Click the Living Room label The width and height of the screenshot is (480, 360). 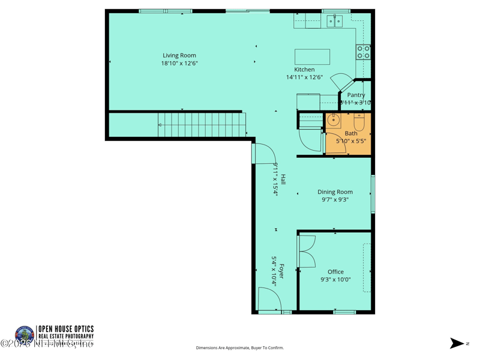click(x=179, y=56)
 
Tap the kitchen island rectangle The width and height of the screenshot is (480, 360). click(x=312, y=56)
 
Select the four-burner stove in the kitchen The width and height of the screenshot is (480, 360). click(x=363, y=52)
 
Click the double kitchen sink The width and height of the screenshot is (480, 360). click(x=334, y=22)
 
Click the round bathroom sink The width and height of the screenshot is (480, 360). click(x=333, y=120)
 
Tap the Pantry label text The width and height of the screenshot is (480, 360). click(x=356, y=95)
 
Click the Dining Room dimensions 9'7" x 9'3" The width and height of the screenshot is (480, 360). click(x=335, y=200)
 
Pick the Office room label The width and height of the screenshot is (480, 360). click(x=335, y=272)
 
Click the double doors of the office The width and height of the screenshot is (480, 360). click(x=307, y=251)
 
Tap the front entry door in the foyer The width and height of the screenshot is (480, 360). click(x=269, y=300)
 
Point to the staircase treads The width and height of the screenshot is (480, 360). click(x=204, y=125)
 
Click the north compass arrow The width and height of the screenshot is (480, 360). click(x=457, y=343)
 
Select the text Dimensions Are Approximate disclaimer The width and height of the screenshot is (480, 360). click(x=239, y=348)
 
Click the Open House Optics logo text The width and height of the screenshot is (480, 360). click(x=65, y=332)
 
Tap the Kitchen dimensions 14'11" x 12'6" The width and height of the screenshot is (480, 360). click(x=304, y=77)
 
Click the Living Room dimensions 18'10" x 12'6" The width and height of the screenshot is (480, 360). click(x=179, y=63)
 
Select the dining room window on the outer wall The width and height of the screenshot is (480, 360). click(x=373, y=194)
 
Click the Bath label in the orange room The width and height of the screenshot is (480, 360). click(x=351, y=133)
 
